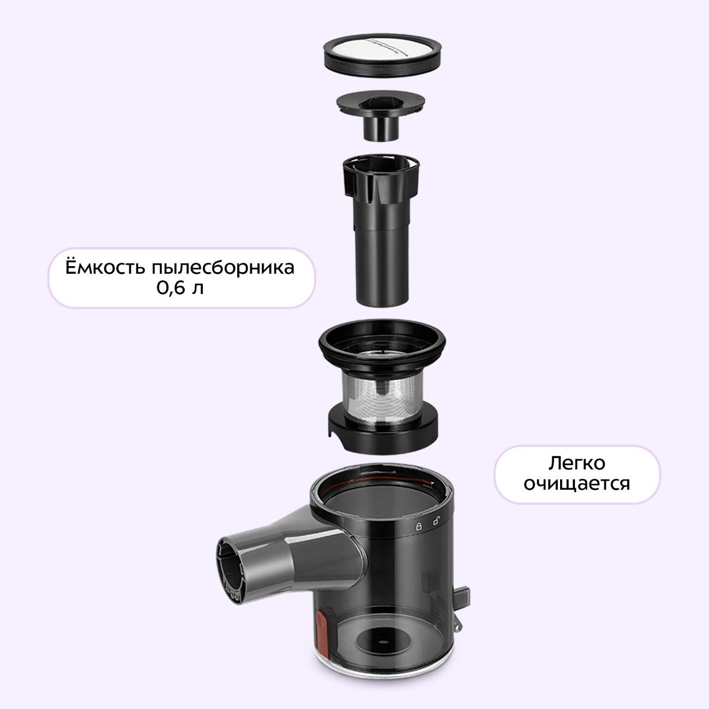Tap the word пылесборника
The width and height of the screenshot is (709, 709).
pyautogui.click(x=223, y=268)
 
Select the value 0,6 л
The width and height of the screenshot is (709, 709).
pyautogui.click(x=180, y=288)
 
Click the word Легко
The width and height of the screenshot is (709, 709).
pyautogui.click(x=576, y=464)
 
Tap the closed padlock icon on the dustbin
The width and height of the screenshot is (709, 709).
pyautogui.click(x=419, y=526)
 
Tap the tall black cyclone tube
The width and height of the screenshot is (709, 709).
pyautogui.click(x=381, y=231)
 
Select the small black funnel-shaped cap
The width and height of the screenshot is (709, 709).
pyautogui.click(x=381, y=115)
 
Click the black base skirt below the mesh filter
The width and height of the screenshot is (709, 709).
pyautogui.click(x=383, y=430)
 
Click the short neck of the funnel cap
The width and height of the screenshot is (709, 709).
pyautogui.click(x=381, y=129)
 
